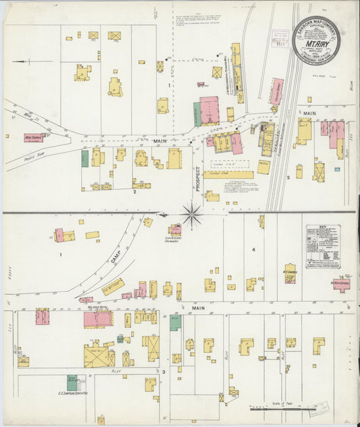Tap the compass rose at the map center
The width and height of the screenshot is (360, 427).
click(x=192, y=215)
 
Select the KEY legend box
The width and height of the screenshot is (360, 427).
click(x=322, y=247)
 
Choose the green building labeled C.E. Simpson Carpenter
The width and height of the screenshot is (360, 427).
click(x=72, y=382)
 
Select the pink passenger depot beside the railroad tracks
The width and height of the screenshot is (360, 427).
click(x=276, y=91)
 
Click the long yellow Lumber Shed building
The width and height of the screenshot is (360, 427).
click(x=228, y=174)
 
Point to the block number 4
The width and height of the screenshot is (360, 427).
click(x=253, y=250)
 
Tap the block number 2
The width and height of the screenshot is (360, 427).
click(x=134, y=192)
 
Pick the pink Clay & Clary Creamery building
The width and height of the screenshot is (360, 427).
click(x=175, y=230)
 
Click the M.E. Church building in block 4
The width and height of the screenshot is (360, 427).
click(x=290, y=273)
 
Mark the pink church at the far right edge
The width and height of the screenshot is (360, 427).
click(x=341, y=284)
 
